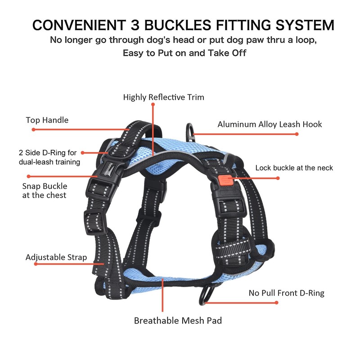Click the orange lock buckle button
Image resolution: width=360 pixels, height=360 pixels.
tap(224, 181)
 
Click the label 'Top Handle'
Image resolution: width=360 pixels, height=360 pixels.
tap(47, 120)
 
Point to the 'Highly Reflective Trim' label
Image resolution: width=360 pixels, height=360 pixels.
tap(164, 97)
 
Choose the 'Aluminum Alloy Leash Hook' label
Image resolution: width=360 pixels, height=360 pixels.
tap(270, 124)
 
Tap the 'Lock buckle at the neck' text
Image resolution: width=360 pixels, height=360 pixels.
tap(294, 168)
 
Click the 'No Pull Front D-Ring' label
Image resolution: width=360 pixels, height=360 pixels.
tap(287, 293)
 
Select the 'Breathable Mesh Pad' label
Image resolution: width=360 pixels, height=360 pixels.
tap(178, 321)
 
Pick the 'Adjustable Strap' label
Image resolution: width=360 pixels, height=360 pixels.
tap(56, 257)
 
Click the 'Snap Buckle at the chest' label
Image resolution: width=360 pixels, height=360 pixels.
tap(45, 190)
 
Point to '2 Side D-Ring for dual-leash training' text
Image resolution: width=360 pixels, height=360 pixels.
tap(49, 157)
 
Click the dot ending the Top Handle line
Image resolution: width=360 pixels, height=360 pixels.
tap(33, 130)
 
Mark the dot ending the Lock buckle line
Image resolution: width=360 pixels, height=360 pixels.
tap(278, 178)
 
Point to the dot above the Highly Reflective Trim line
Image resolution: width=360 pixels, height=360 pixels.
tap(153, 104)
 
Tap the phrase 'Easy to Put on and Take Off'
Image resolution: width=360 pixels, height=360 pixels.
tap(184, 53)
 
